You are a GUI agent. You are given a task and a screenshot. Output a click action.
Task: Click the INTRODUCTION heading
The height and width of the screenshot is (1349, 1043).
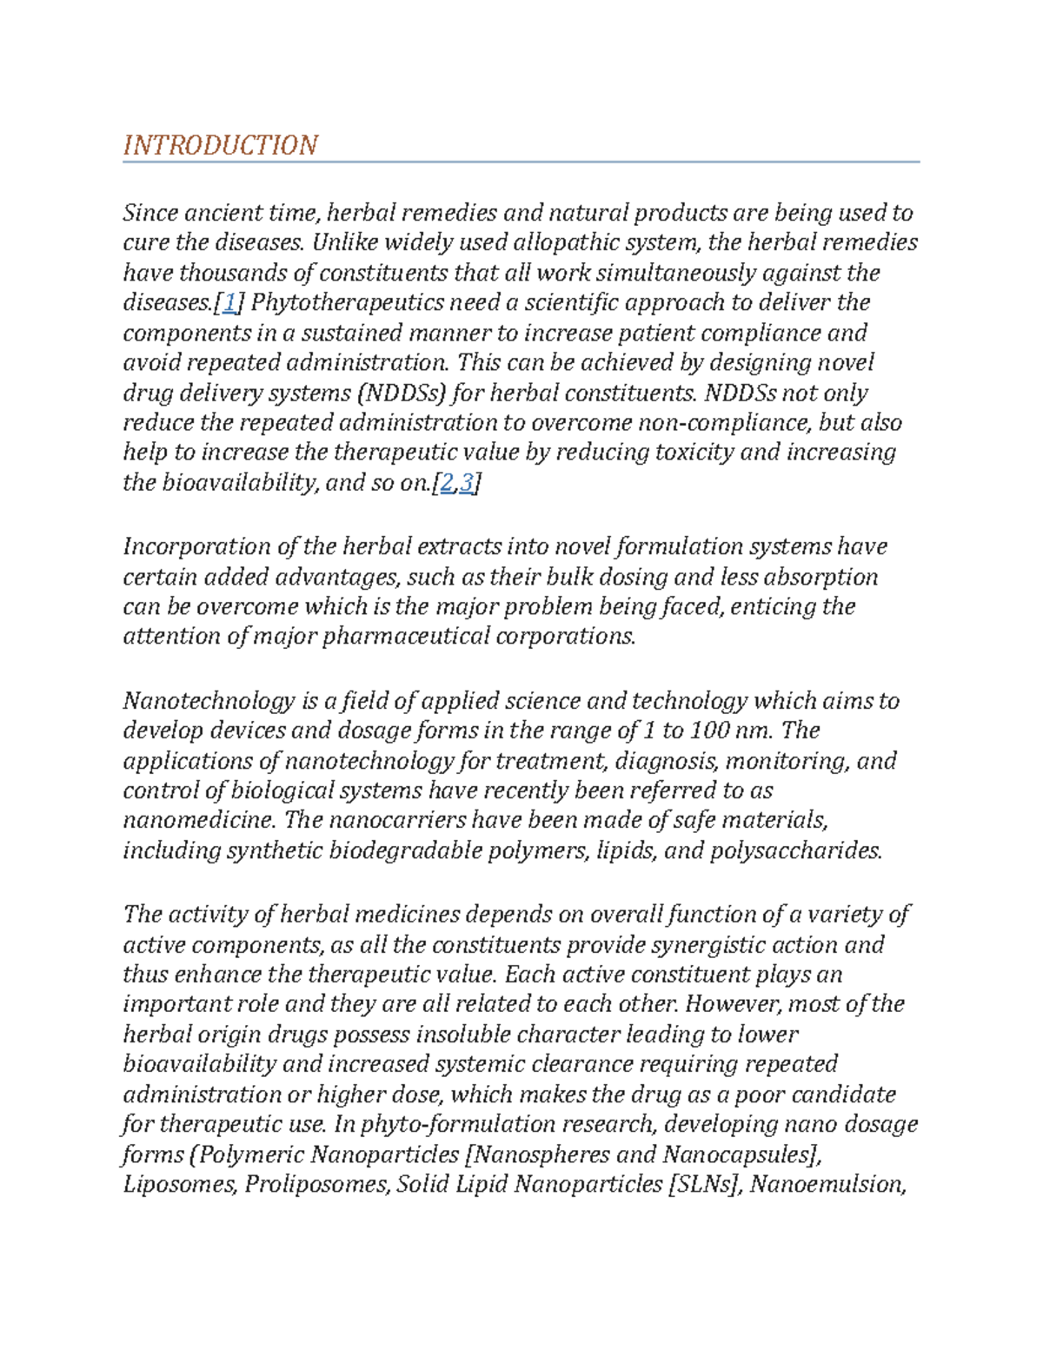(x=221, y=145)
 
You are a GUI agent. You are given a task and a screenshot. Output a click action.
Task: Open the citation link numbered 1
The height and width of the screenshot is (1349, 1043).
(x=229, y=303)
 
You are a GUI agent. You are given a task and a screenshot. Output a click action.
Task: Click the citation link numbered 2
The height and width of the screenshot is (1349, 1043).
(x=447, y=483)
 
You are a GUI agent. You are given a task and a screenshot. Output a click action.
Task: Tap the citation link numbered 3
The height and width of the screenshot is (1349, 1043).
(x=467, y=483)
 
